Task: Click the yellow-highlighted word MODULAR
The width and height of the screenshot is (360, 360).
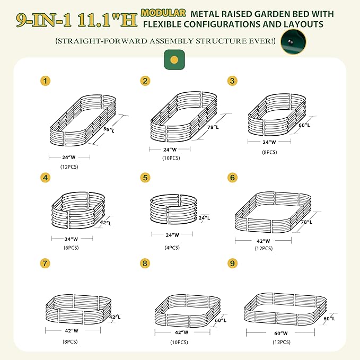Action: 163,12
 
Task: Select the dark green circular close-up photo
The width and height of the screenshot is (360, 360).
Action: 292,41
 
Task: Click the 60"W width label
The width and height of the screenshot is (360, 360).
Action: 280,333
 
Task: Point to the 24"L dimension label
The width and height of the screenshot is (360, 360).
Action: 204,217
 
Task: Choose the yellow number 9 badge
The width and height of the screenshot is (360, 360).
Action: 231,263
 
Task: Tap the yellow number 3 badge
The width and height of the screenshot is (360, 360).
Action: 232,81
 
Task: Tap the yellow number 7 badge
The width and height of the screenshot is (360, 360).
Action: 46,263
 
